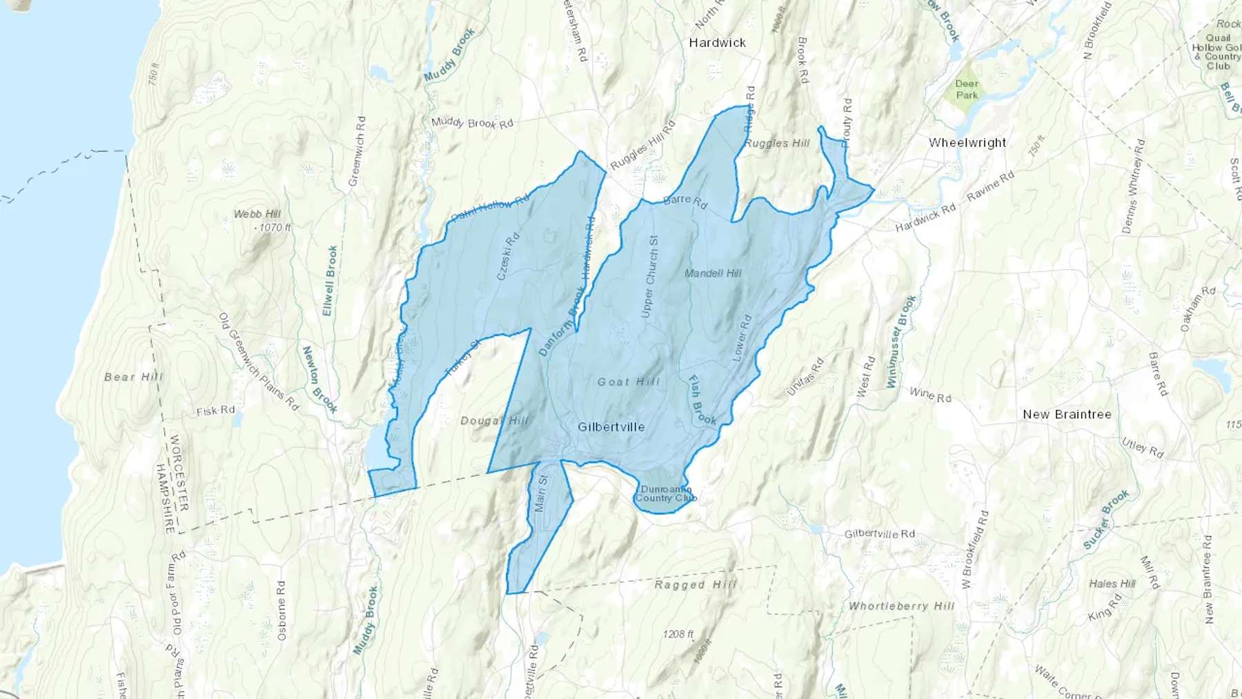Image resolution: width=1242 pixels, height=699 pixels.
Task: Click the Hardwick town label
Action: click(717, 43)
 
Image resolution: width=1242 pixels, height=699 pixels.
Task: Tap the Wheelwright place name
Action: click(967, 143)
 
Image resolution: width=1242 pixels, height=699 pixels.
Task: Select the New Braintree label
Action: click(1067, 414)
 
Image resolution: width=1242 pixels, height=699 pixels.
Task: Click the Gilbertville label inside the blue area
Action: click(611, 427)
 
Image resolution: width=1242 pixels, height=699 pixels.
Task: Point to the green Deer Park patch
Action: click(967, 90)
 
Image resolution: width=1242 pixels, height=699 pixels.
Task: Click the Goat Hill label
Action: click(628, 382)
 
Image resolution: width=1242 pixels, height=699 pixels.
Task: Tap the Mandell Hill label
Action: click(713, 273)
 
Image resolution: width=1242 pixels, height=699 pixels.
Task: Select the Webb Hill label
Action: click(257, 214)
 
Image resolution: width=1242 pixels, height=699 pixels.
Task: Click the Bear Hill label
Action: click(133, 377)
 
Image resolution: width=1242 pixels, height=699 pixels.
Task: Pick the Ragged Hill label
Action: click(696, 584)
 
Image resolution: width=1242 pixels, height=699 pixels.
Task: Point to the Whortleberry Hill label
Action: click(901, 606)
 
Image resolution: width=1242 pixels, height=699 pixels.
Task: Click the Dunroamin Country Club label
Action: click(665, 493)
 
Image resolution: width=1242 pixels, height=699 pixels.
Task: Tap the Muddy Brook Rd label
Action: click(472, 123)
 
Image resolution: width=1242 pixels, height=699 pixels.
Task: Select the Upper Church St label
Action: click(649, 277)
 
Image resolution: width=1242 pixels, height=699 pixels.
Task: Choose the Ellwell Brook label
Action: click(330, 281)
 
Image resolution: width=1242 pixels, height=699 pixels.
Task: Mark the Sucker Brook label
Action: click(1105, 520)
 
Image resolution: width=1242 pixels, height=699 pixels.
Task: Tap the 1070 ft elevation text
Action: click(273, 227)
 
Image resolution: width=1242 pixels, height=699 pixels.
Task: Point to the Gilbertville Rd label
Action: click(879, 533)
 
